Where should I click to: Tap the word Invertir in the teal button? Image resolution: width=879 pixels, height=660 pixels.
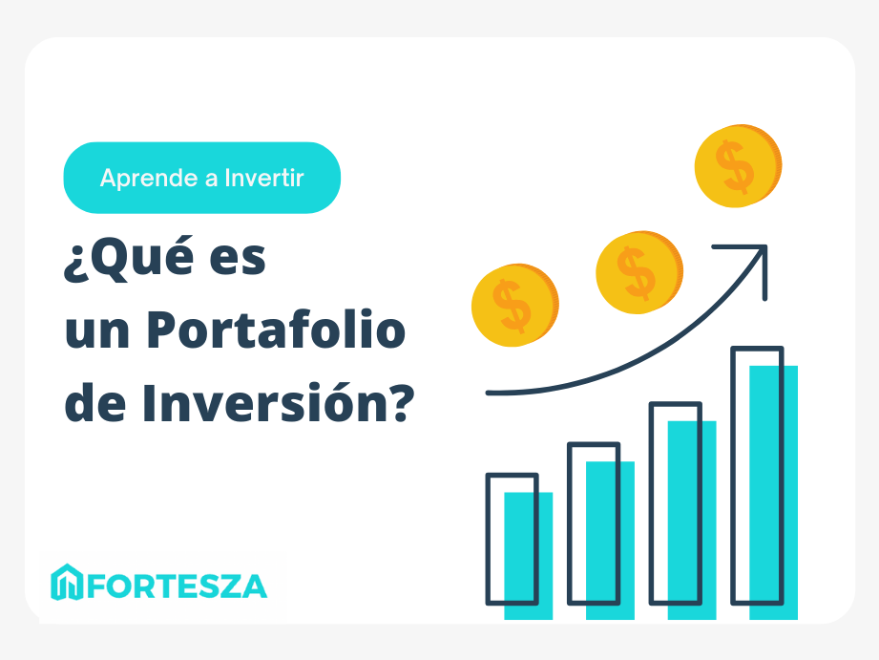pyautogui.click(x=264, y=178)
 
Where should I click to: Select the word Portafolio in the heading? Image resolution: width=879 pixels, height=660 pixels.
pyautogui.click(x=276, y=330)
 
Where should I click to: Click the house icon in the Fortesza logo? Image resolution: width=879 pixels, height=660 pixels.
pyautogui.click(x=67, y=582)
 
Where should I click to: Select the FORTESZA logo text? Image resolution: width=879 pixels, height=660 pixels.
pyautogui.click(x=177, y=586)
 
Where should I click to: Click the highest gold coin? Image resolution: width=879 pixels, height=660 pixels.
pyautogui.click(x=738, y=166)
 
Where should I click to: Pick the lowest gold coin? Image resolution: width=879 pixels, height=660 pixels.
pyautogui.click(x=514, y=306)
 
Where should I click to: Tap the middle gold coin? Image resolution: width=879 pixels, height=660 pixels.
pyautogui.click(x=639, y=272)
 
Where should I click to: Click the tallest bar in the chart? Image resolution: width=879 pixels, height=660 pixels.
pyautogui.click(x=764, y=482)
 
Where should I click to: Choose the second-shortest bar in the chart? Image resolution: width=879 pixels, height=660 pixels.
pyautogui.click(x=601, y=531)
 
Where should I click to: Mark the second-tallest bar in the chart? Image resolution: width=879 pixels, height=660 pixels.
pyautogui.click(x=682, y=511)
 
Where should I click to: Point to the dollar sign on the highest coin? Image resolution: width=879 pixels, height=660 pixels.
pyautogui.click(x=734, y=167)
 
